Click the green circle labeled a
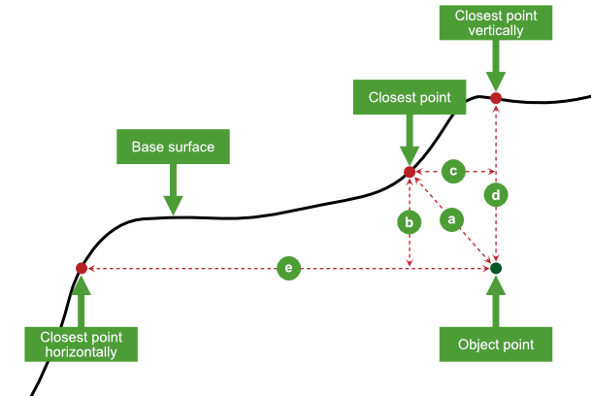(450, 221)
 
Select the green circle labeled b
(410, 221)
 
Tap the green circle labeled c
(452, 172)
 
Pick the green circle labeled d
(496, 195)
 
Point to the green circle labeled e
(288, 268)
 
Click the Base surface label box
(173, 148)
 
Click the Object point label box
(496, 345)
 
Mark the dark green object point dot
(496, 268)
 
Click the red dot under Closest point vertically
(496, 98)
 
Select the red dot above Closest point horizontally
(82, 268)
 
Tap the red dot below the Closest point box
(410, 173)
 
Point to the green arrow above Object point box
(496, 302)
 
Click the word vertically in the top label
(496, 31)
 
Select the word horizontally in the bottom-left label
(81, 352)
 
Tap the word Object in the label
(476, 345)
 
